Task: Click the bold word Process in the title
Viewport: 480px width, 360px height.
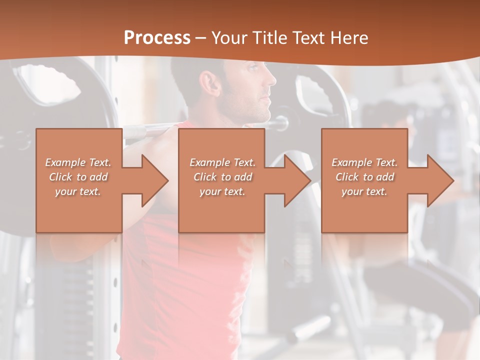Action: [x=157, y=38]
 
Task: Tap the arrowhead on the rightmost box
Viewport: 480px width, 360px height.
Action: [x=439, y=180]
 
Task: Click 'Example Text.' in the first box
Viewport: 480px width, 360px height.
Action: [x=78, y=162]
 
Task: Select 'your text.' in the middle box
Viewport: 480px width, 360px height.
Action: [x=222, y=191]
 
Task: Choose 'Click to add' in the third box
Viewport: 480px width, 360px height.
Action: [x=365, y=177]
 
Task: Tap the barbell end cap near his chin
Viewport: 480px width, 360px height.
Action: [x=281, y=122]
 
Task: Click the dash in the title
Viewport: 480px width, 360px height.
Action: [x=201, y=38]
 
